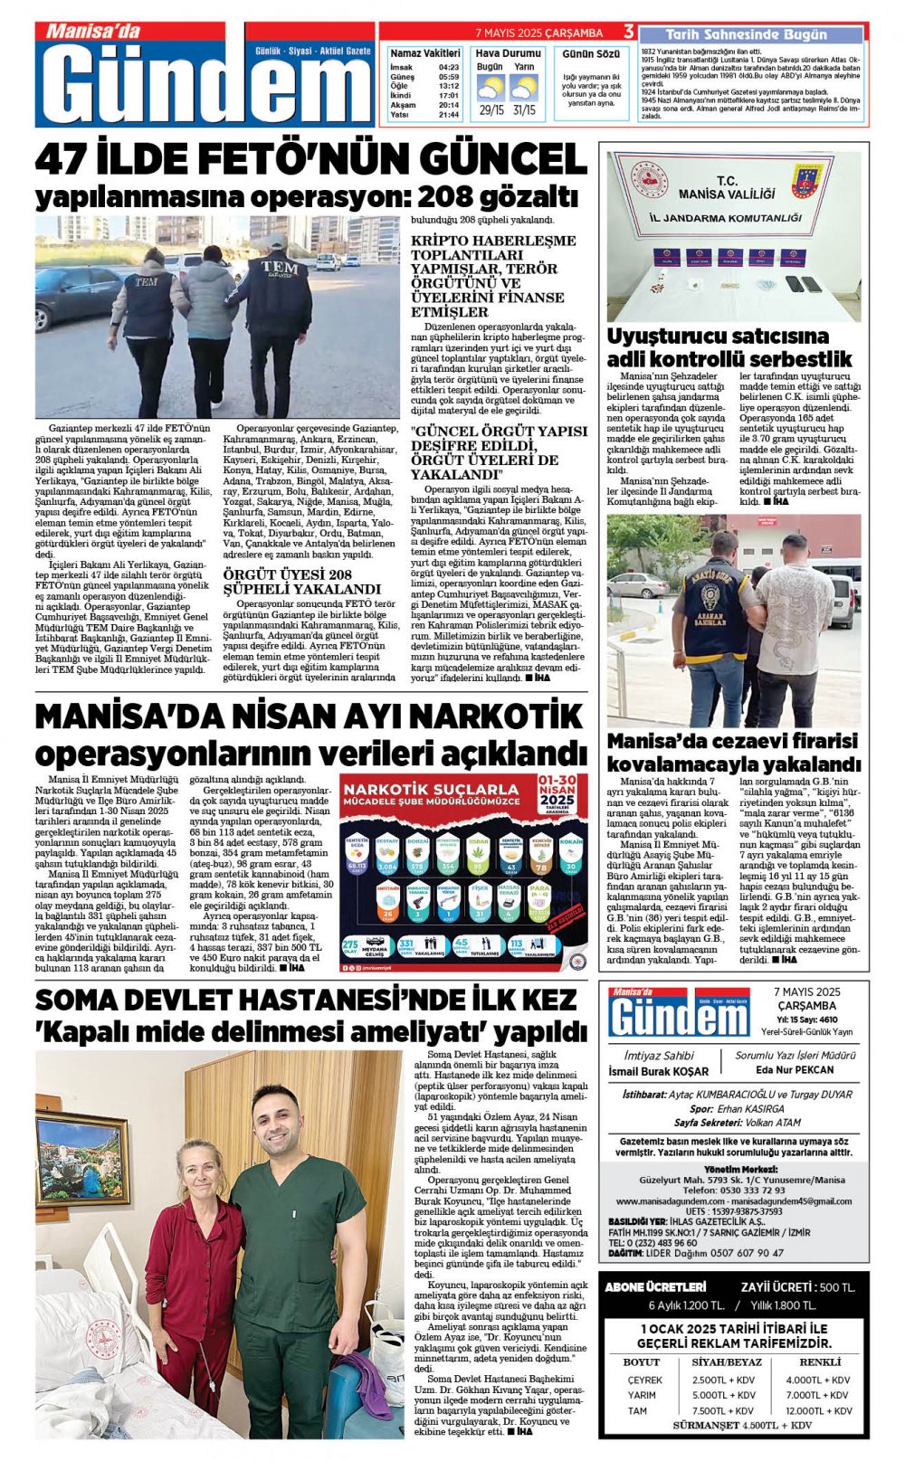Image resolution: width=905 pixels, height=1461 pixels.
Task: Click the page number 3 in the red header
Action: tap(628, 33)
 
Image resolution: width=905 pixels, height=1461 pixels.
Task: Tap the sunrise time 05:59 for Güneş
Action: tap(448, 77)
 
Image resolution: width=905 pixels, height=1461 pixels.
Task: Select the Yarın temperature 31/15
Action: tap(524, 110)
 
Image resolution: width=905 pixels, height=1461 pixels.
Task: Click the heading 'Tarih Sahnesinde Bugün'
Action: tap(746, 34)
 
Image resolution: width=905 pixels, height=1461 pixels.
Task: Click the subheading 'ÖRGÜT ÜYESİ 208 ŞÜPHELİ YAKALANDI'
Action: tap(302, 582)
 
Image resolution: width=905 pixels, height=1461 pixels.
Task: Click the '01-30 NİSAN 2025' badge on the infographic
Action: tap(557, 792)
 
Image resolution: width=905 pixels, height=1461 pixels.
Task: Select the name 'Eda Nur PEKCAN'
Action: tap(782, 1069)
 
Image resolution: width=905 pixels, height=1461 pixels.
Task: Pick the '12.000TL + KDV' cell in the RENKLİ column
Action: tap(818, 1410)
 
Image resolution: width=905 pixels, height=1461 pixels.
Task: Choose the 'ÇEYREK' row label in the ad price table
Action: tap(644, 1380)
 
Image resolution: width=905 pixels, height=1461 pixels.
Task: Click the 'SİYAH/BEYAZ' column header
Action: tap(727, 1361)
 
